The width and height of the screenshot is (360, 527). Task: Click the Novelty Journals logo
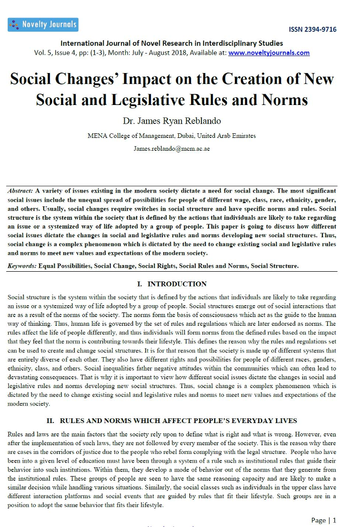(43, 24)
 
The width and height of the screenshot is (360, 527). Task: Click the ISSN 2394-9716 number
(313, 29)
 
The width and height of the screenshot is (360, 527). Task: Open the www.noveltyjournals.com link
(269, 52)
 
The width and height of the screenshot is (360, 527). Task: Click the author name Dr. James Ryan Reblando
(172, 121)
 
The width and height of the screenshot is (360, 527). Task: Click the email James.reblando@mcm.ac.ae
(172, 148)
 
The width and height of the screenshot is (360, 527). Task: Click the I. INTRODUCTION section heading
(172, 284)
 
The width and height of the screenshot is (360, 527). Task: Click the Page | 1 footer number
(324, 520)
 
